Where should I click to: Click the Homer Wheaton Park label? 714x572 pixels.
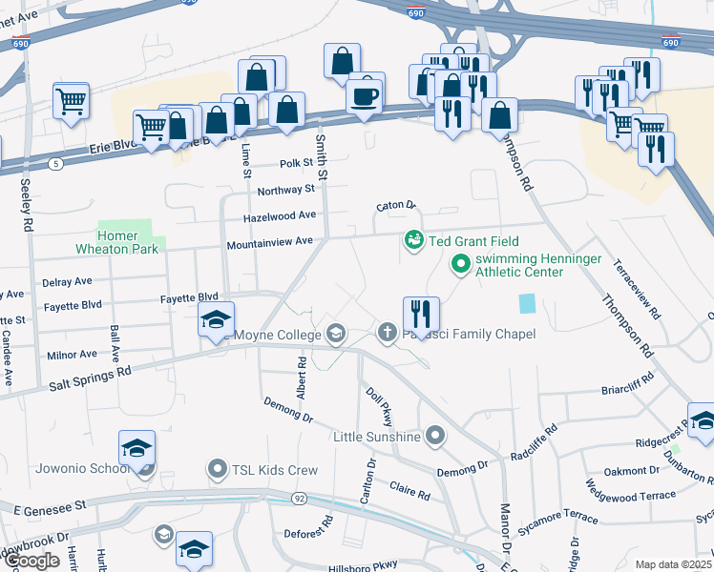(x=117, y=243)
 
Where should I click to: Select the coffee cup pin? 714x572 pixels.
(x=366, y=95)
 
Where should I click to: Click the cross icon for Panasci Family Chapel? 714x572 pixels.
(x=387, y=333)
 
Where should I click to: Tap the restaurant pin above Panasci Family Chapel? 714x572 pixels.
(x=421, y=312)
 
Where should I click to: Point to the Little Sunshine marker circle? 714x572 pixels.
(x=435, y=437)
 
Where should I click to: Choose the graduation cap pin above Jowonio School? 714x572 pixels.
(x=136, y=448)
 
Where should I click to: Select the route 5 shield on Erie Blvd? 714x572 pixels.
(x=56, y=164)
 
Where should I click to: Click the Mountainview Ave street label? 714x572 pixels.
(x=270, y=243)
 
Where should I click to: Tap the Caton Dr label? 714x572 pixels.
(x=396, y=205)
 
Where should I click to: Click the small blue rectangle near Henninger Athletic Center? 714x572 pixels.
(x=528, y=304)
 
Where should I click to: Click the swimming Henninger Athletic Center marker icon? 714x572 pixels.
(x=460, y=263)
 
